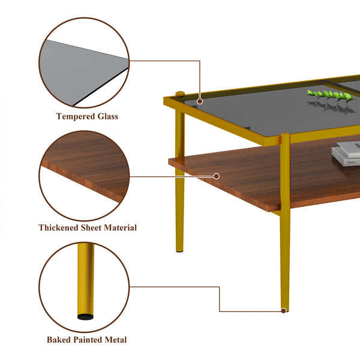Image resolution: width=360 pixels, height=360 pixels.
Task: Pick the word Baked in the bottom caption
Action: pyautogui.click(x=59, y=340)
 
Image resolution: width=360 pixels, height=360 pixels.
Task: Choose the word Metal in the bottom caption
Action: pyautogui.click(x=116, y=340)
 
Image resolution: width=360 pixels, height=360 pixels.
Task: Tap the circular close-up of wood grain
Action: pyautogui.click(x=84, y=174)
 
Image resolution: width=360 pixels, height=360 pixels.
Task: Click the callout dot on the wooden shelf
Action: pyautogui.click(x=217, y=176)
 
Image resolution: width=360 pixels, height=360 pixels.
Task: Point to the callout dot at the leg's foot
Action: pyautogui.click(x=283, y=310)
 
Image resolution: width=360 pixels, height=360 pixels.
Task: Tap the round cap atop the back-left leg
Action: pyautogui.click(x=179, y=94)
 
